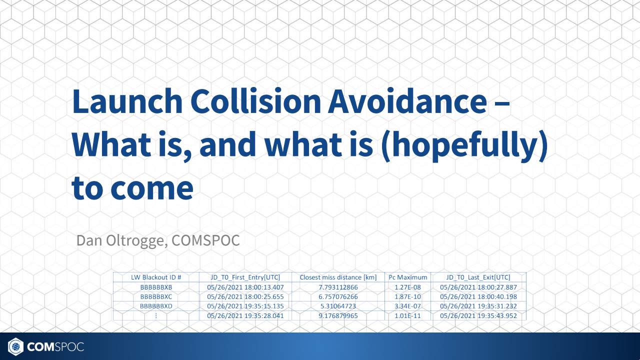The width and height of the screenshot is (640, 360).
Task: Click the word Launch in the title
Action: coord(127,101)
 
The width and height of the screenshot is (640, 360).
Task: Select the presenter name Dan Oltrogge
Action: coord(120,240)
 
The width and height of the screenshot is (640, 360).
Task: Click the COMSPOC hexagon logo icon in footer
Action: coord(16,346)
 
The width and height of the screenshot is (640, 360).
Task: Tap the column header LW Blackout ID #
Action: coord(156,277)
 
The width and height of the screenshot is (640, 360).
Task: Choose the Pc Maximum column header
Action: coord(408,277)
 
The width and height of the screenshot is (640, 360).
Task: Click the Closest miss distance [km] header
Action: coord(338,277)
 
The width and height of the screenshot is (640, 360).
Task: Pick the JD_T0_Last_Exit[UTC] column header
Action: coord(478,277)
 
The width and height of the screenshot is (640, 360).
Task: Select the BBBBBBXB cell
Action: coord(156,287)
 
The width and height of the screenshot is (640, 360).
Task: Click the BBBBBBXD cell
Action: coord(156,306)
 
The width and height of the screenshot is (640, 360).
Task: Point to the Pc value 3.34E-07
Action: coord(408,306)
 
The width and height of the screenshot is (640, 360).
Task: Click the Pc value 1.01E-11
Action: coord(408,315)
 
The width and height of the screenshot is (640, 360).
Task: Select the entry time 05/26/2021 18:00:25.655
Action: coord(245,296)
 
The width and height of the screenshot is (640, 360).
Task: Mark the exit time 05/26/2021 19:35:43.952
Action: coord(478,315)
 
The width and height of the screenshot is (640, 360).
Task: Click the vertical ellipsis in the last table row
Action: coord(156,315)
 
